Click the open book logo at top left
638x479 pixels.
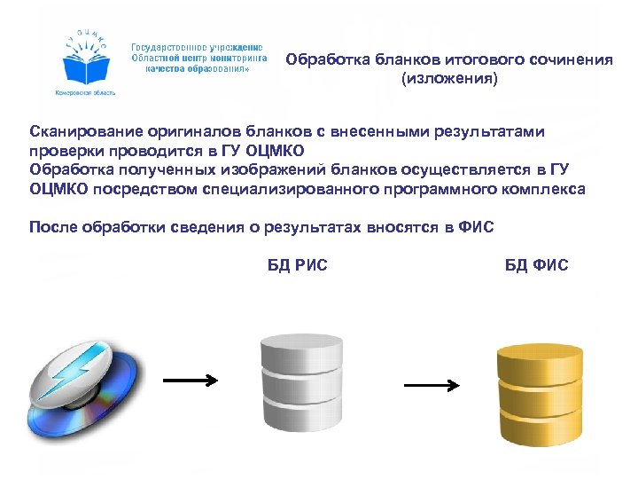88,62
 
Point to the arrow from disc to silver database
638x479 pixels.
191,381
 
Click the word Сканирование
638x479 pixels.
78,132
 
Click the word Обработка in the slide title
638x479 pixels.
325,60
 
